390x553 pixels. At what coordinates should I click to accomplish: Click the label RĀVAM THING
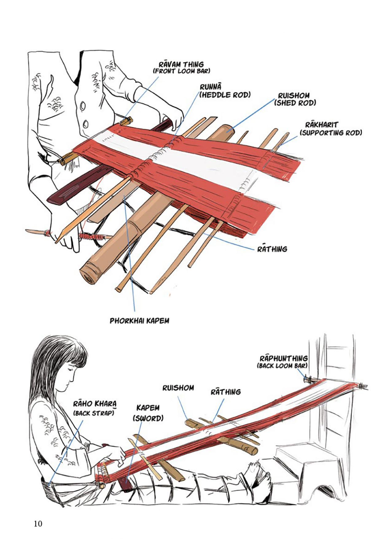(181, 65)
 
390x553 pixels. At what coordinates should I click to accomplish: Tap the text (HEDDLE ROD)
(225, 95)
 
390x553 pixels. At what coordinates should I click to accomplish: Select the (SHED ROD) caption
(295, 103)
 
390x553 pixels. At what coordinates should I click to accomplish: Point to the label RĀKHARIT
(321, 125)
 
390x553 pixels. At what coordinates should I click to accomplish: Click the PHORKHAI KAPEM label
(139, 321)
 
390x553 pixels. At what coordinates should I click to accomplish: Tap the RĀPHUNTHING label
(283, 359)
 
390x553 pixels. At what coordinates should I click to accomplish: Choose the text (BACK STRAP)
(93, 413)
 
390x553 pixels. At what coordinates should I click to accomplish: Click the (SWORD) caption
(148, 418)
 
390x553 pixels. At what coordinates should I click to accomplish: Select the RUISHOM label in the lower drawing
(178, 388)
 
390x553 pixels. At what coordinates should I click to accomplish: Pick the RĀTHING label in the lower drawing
(226, 392)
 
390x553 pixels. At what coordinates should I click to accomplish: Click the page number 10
(38, 524)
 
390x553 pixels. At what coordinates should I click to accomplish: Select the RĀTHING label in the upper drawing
(272, 249)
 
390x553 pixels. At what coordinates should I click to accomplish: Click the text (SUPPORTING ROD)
(330, 133)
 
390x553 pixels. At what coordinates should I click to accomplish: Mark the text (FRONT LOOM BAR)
(181, 71)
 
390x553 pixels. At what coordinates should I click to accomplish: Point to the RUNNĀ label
(210, 87)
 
